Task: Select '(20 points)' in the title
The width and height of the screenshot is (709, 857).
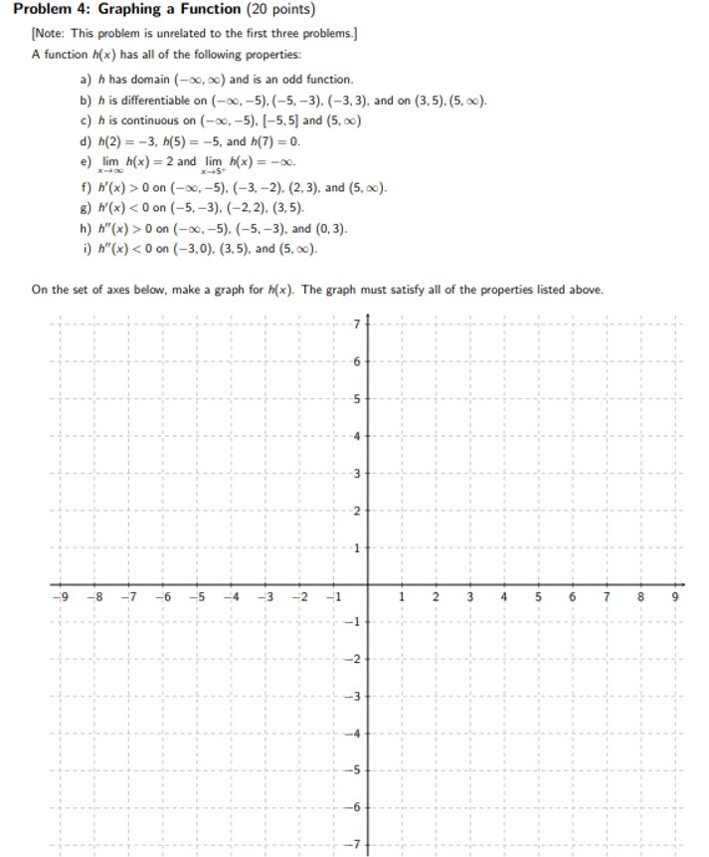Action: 280,10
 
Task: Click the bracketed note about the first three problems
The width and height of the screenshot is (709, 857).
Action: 195,33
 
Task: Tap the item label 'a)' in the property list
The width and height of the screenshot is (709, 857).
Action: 86,79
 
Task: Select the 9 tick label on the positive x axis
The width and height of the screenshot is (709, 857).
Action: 675,597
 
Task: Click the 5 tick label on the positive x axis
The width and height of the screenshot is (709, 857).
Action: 538,597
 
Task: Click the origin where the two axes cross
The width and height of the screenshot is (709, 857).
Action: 367,585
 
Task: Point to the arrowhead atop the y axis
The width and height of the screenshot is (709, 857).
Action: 367,318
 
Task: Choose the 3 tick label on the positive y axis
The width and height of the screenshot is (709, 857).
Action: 355,473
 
